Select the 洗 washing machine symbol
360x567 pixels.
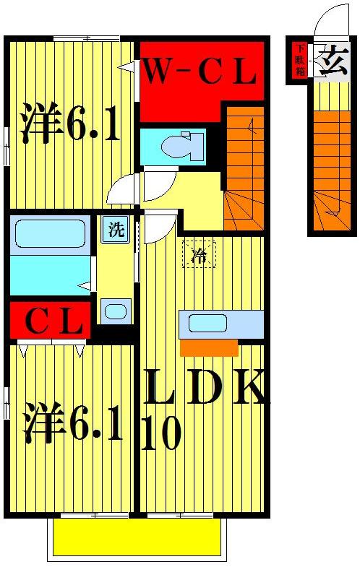click(115, 230)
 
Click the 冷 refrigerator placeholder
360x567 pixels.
click(199, 254)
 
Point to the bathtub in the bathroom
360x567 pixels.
click(49, 234)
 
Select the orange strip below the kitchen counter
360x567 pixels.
click(209, 348)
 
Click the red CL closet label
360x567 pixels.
click(51, 322)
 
